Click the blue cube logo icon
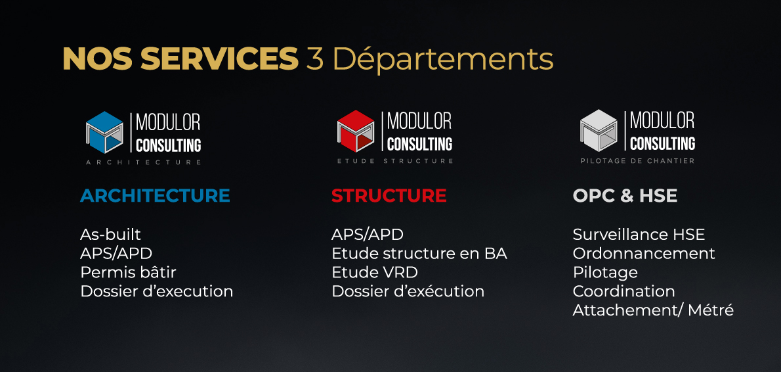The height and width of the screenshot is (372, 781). click(x=104, y=132)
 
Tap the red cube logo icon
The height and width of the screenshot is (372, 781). click(x=356, y=131)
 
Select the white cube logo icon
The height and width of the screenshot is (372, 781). click(x=599, y=130)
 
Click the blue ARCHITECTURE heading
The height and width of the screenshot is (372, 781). click(x=155, y=195)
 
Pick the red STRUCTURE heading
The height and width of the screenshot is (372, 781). click(x=389, y=195)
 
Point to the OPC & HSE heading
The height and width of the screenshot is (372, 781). click(x=625, y=195)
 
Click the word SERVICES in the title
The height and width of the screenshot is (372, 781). click(x=219, y=59)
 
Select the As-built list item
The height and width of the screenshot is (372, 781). click(x=110, y=235)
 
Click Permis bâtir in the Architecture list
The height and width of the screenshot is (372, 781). click(x=128, y=272)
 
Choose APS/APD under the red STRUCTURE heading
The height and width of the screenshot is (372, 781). click(x=368, y=235)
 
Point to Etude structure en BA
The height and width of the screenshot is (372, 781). click(x=419, y=253)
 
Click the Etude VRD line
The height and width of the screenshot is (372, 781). click(x=375, y=272)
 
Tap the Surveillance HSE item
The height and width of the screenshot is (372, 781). click(x=639, y=235)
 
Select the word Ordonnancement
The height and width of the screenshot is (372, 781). click(x=644, y=253)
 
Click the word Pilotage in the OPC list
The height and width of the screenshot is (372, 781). click(x=605, y=273)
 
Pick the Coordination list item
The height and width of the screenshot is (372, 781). click(x=623, y=291)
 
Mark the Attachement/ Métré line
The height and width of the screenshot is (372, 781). click(x=653, y=310)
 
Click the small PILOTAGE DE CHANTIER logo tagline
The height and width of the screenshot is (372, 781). click(x=637, y=160)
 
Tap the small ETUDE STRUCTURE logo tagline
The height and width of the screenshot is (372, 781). click(x=395, y=161)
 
